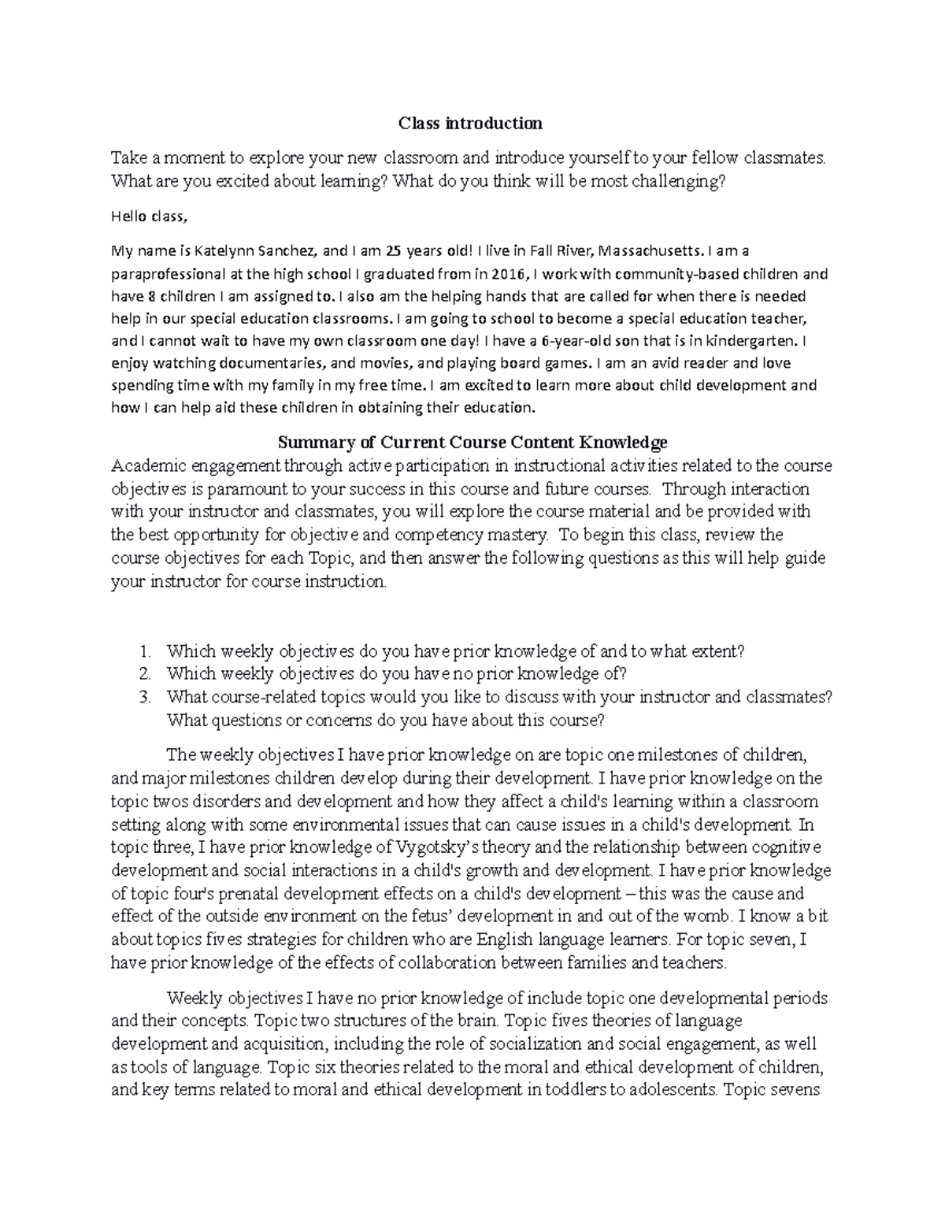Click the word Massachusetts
click(x=651, y=251)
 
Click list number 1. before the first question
click(x=143, y=651)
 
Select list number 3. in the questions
click(x=143, y=697)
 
